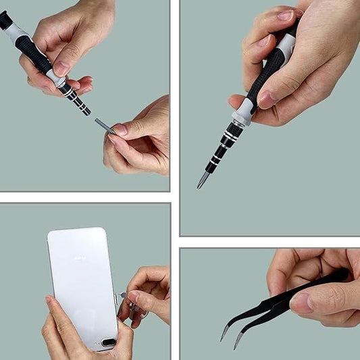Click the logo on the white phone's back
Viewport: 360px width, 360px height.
(79, 259)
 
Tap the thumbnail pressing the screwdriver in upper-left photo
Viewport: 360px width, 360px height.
(61, 68)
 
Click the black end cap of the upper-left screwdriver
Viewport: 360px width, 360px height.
(5, 19)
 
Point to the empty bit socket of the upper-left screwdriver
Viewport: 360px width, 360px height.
(86, 112)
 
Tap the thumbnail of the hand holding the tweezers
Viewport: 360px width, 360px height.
(301, 303)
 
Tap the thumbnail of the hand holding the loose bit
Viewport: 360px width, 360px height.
(120, 129)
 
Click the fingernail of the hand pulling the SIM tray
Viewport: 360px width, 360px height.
(134, 297)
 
